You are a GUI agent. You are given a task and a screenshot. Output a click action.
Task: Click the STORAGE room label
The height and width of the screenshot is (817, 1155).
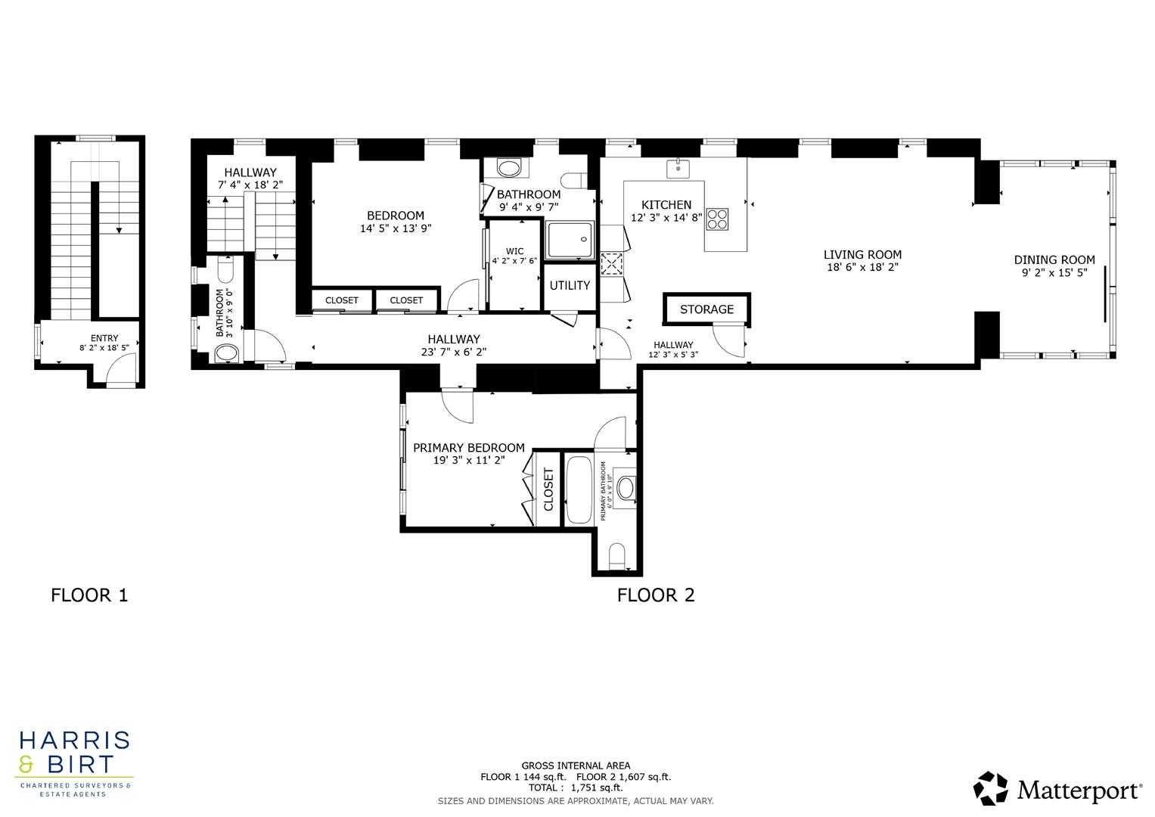pos(706,309)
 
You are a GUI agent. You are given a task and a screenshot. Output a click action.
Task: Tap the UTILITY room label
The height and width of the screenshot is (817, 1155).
pos(570,285)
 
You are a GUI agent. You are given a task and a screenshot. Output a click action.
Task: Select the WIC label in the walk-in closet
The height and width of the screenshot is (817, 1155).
pos(514,251)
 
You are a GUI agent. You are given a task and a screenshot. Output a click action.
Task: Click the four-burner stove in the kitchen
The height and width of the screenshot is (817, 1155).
pos(717,219)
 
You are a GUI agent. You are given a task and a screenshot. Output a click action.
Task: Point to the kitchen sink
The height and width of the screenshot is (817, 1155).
pos(678,168)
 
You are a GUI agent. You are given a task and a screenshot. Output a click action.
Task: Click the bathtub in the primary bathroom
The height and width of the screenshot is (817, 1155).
pos(580,489)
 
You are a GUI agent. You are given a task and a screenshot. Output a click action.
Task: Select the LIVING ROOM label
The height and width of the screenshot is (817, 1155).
pos(862,255)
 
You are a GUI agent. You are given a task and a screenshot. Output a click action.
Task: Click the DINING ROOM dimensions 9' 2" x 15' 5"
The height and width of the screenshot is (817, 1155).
pos(1054,273)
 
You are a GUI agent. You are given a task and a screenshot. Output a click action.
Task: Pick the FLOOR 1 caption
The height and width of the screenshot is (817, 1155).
pos(89,595)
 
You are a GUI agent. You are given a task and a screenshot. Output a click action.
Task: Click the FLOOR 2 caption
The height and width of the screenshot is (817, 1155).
pos(656,595)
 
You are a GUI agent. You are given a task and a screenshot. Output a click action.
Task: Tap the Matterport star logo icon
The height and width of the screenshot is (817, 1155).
pos(990,788)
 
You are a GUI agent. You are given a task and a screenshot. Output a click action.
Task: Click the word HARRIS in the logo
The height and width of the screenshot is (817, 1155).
pos(74,740)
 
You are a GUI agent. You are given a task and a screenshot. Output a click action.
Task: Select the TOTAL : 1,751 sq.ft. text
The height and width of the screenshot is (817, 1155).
pos(576,787)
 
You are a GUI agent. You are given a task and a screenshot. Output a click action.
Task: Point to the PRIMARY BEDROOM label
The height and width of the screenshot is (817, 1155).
pos(468,448)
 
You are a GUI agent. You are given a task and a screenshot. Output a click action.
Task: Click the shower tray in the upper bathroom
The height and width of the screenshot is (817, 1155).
pos(571,240)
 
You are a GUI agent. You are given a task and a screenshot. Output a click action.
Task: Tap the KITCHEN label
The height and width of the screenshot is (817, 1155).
pos(666,205)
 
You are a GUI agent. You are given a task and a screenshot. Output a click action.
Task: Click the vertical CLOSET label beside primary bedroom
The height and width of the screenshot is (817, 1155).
pos(549,489)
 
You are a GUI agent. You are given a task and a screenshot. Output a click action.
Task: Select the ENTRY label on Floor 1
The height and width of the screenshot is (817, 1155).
pos(104,338)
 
